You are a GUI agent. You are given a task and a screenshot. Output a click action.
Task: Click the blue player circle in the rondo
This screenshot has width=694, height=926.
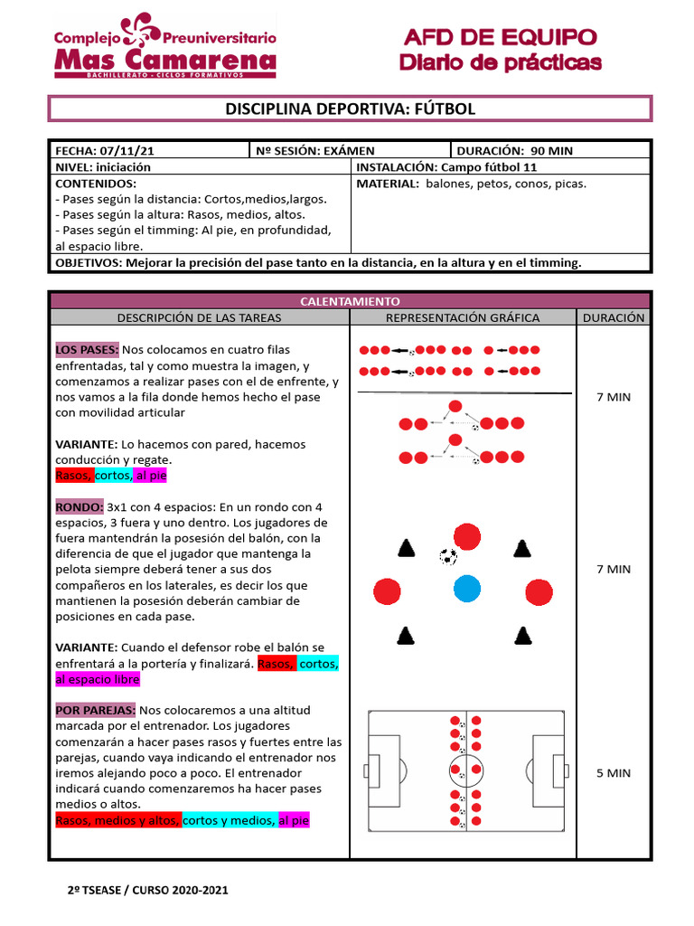pyautogui.click(x=466, y=589)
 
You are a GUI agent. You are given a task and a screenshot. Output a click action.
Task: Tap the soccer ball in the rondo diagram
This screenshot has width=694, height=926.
pyautogui.click(x=447, y=556)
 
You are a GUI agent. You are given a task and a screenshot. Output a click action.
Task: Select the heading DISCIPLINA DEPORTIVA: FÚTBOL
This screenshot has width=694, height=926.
pyautogui.click(x=350, y=109)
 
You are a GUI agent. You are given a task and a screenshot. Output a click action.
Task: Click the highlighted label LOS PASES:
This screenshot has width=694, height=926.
pyautogui.click(x=87, y=350)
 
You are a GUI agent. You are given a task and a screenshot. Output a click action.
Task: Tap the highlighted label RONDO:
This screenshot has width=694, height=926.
pyautogui.click(x=79, y=507)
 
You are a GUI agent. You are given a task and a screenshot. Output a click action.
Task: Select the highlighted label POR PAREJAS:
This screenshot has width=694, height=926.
pyautogui.click(x=96, y=710)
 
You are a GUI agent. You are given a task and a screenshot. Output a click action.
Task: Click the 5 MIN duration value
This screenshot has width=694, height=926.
pyautogui.click(x=614, y=773)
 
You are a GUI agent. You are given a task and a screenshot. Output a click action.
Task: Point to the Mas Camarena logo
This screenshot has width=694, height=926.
pyautogui.click(x=164, y=48)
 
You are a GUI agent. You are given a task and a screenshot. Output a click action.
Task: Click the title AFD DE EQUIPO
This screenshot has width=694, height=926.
pyautogui.click(x=500, y=38)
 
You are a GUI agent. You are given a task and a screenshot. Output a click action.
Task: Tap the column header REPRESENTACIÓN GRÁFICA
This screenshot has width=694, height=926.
pyautogui.click(x=463, y=317)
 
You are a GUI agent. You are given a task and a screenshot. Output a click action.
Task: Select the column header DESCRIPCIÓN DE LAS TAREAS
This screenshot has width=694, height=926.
pyautogui.click(x=200, y=317)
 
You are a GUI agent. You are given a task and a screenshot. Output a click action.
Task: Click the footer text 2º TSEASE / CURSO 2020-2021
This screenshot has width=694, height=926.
pyautogui.click(x=148, y=890)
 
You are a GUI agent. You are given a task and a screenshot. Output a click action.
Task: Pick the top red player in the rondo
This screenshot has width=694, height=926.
pyautogui.click(x=466, y=536)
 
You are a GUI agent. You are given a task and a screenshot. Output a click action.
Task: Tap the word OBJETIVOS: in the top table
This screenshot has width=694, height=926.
pyautogui.click(x=89, y=263)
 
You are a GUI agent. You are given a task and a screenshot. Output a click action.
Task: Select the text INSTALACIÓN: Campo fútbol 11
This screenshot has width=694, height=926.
pyautogui.click(x=447, y=167)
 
